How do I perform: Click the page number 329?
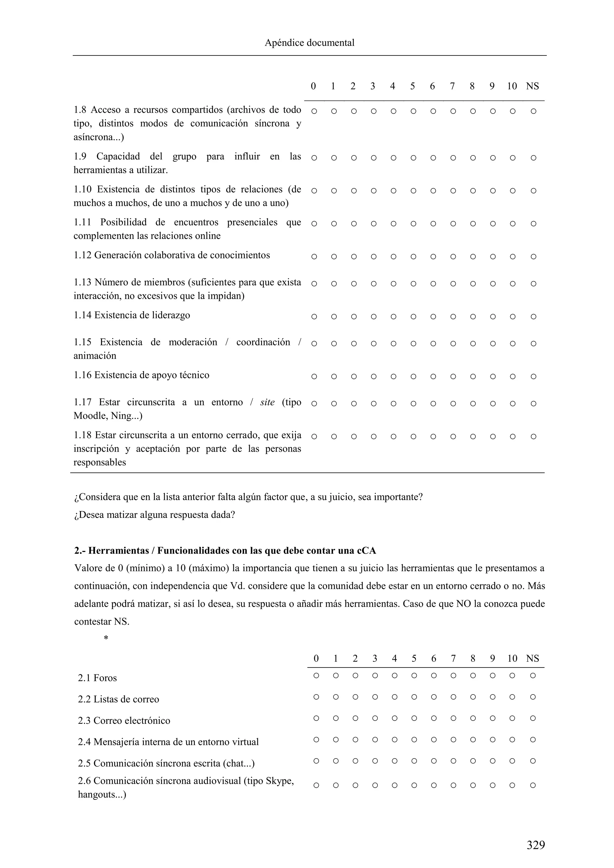click(x=536, y=845)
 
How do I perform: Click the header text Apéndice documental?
click(x=309, y=43)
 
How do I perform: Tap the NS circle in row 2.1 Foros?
click(x=533, y=676)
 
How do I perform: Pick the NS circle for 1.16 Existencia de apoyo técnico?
click(x=533, y=376)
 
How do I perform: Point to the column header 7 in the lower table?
click(x=453, y=658)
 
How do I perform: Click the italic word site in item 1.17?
click(x=267, y=402)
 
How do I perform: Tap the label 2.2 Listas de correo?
click(x=118, y=699)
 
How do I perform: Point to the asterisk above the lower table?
click(x=106, y=638)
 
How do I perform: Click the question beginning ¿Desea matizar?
click(x=154, y=515)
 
